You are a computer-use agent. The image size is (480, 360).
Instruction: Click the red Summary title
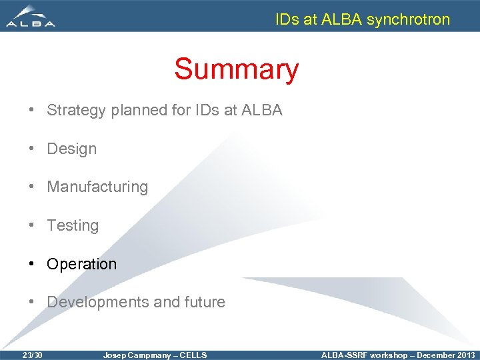coord(236,69)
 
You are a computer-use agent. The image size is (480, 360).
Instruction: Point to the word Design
coord(71,149)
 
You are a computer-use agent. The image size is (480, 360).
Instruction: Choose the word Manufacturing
coord(97,187)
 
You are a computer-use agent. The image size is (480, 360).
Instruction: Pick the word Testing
coord(73,226)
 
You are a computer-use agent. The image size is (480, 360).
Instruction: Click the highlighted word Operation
coord(81,264)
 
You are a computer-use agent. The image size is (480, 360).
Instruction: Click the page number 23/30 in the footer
coord(32,355)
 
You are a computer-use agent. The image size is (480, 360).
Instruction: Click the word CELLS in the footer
coord(193,355)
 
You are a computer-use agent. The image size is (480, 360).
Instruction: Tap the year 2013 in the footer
coord(464,355)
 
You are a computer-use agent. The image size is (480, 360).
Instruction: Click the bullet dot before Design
coord(32,149)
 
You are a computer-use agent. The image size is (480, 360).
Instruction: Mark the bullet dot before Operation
coord(32,264)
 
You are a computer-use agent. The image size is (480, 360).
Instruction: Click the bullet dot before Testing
coord(32,226)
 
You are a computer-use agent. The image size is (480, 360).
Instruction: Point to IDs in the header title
coord(287,19)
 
